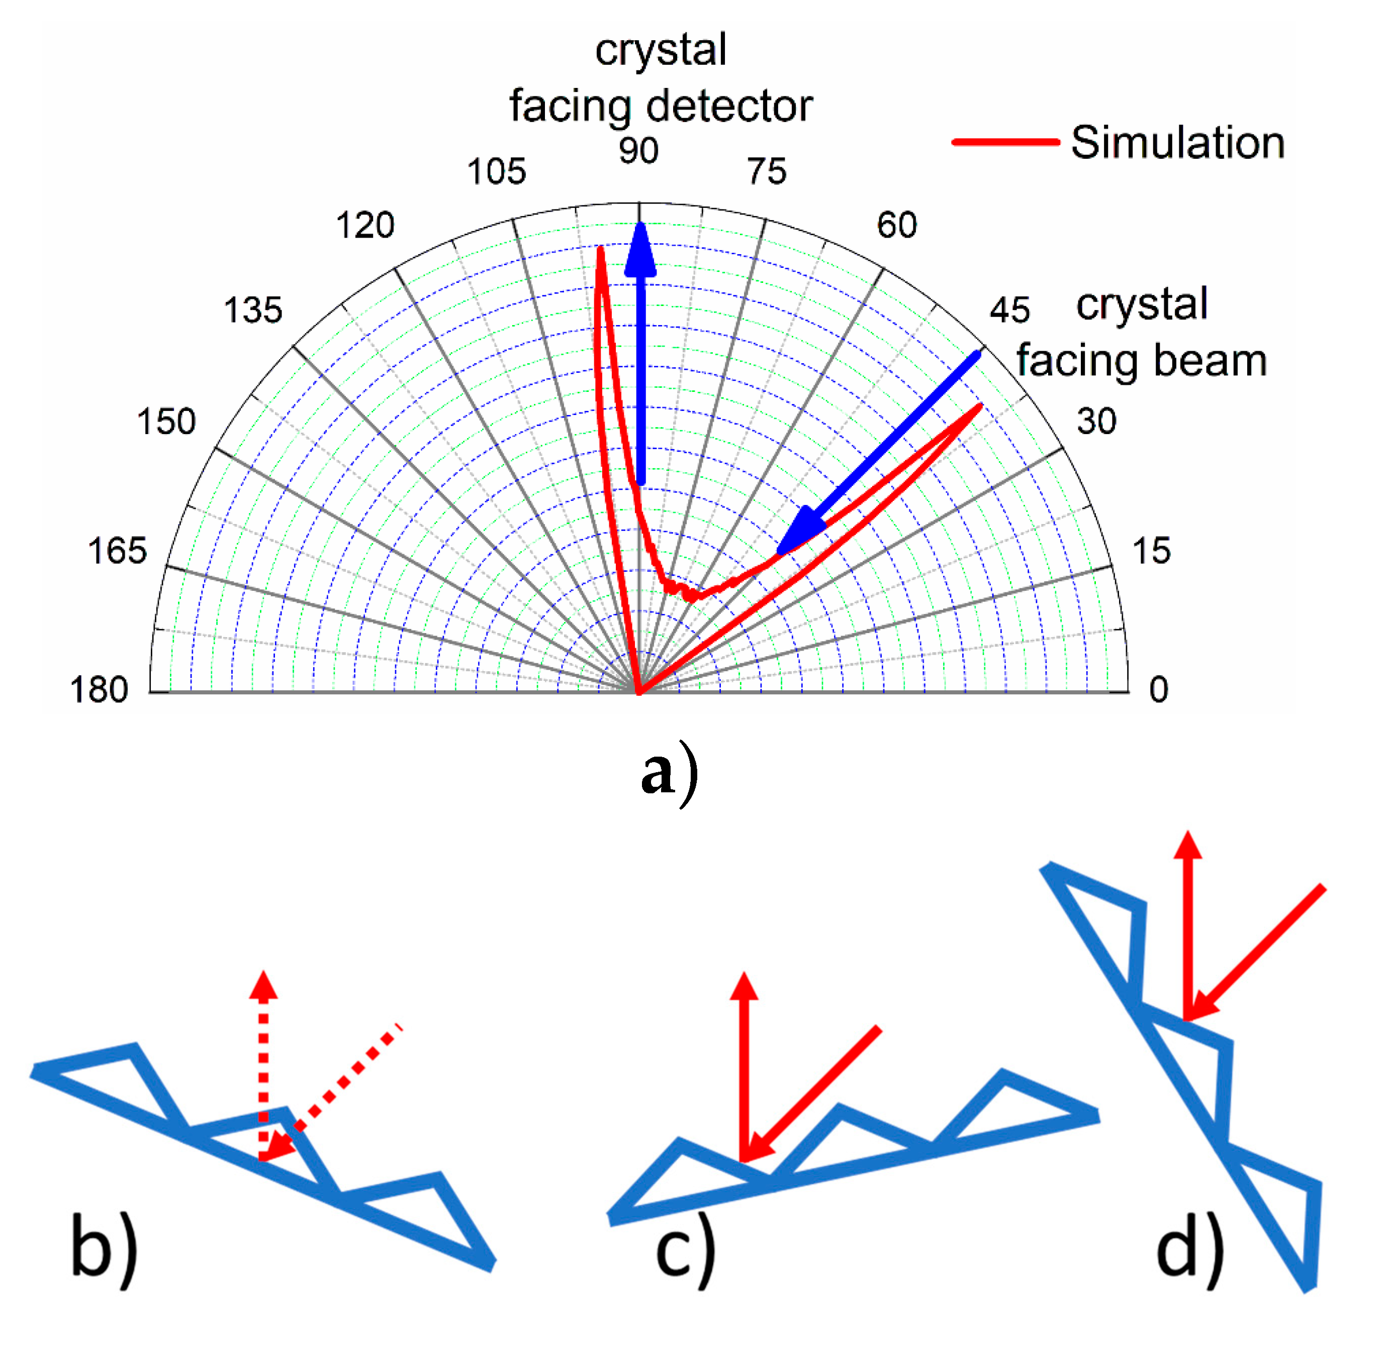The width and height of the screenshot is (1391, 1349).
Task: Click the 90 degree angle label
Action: (638, 150)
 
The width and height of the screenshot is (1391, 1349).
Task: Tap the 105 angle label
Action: (496, 172)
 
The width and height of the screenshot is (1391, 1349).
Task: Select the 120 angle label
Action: (365, 226)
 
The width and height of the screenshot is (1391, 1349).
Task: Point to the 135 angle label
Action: (253, 310)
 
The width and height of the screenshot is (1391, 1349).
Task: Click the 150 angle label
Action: (166, 422)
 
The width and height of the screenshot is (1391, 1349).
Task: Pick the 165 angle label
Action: (117, 551)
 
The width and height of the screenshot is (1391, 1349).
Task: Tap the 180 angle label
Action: (99, 689)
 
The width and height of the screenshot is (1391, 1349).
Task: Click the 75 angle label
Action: (767, 172)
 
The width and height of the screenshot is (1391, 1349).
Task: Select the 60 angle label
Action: (896, 226)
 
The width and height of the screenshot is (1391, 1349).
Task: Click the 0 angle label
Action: (1158, 689)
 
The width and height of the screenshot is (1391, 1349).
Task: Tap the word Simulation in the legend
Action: (1177, 143)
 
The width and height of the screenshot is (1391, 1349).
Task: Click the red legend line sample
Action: (1005, 143)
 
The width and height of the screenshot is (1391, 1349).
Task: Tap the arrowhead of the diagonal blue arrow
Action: (800, 532)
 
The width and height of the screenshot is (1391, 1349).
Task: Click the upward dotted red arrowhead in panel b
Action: (264, 986)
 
